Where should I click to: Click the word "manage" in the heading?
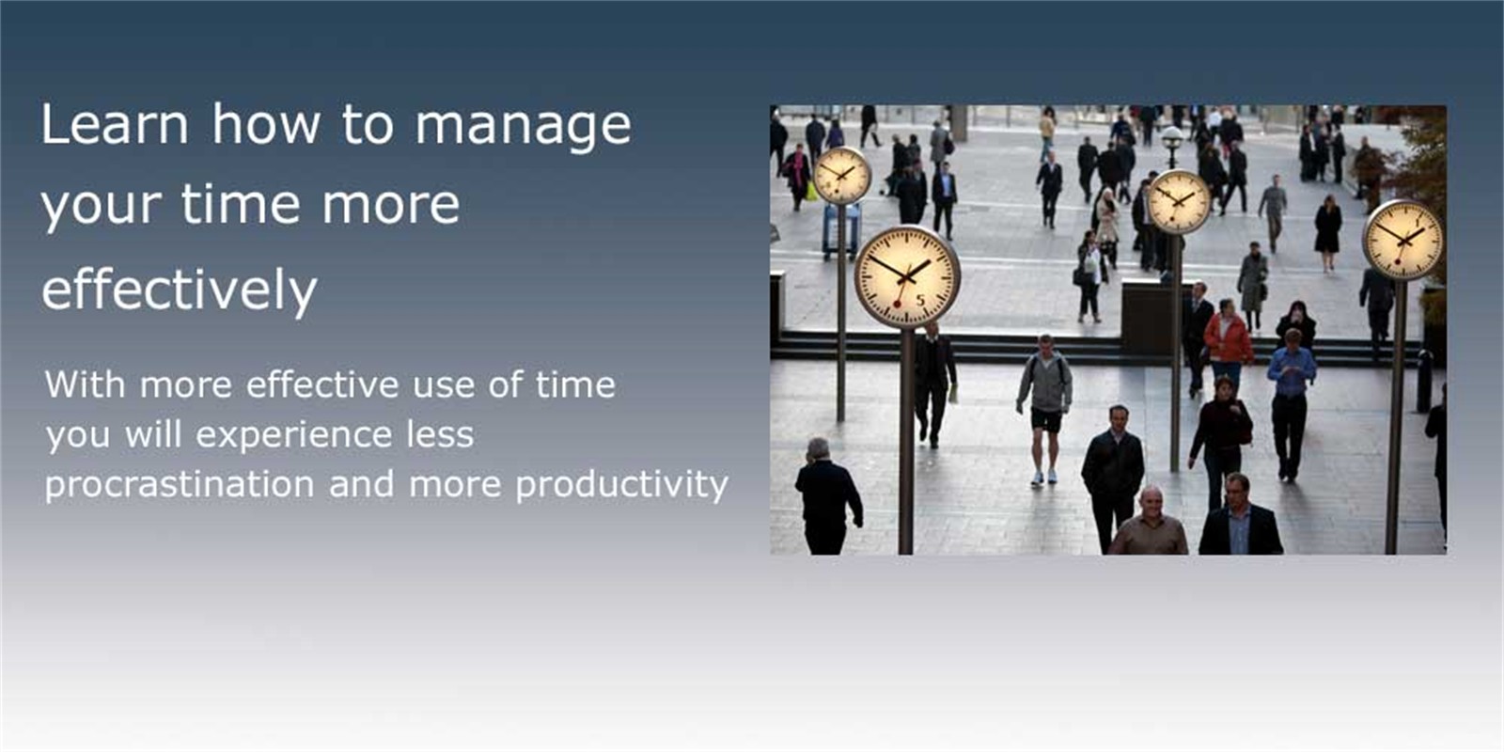[523, 126]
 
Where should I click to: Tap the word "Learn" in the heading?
[115, 123]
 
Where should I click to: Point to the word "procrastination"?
[180, 484]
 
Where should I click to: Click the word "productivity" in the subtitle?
[621, 484]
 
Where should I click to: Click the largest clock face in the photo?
[907, 276]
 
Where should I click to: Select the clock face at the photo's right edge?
[1402, 240]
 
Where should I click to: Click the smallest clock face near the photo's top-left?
[841, 175]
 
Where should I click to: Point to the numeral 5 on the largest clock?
[920, 301]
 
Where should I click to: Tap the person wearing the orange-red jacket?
[1228, 342]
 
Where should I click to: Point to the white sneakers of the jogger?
[1044, 478]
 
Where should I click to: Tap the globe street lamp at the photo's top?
[1172, 137]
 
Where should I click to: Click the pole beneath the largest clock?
[906, 441]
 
